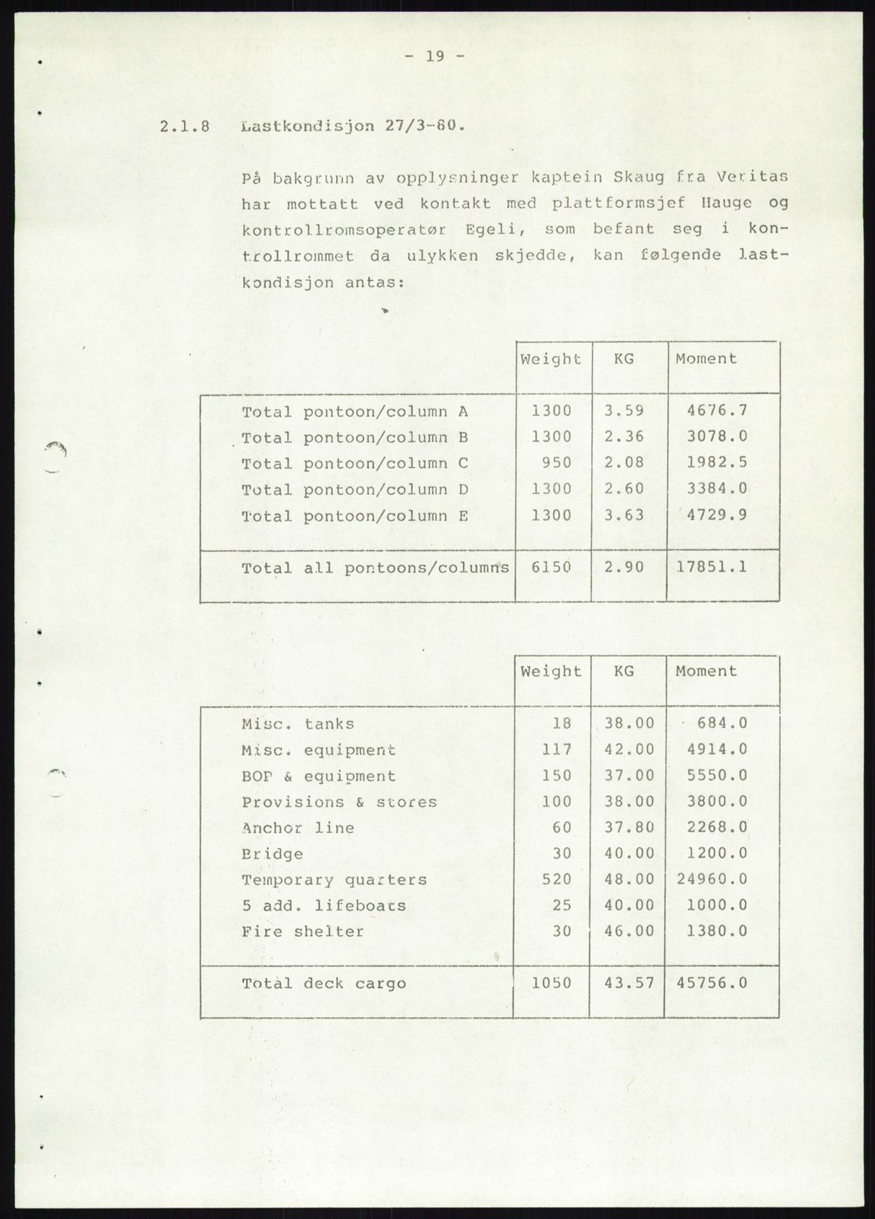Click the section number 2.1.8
click(x=184, y=127)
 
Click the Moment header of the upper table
click(x=706, y=359)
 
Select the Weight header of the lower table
click(x=551, y=671)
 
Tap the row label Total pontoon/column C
click(x=354, y=463)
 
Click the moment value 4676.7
click(x=716, y=411)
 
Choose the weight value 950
click(x=557, y=463)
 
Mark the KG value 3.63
click(x=624, y=515)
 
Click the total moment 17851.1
click(x=711, y=567)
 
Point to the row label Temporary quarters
click(x=334, y=880)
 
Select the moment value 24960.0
click(x=711, y=879)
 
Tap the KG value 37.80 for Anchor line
click(x=629, y=827)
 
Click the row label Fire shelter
click(x=303, y=932)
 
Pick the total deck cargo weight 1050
click(x=551, y=984)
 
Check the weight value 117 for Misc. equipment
click(x=557, y=750)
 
